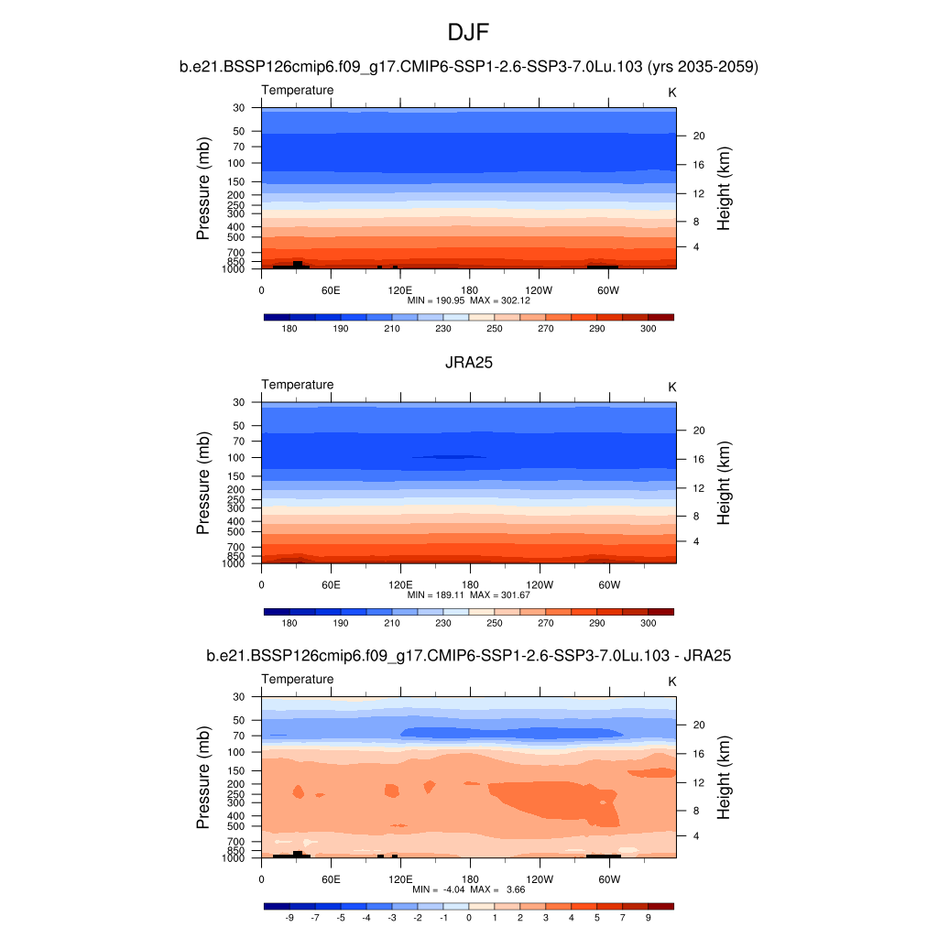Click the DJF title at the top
tap(469, 34)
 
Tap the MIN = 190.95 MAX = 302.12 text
tap(469, 300)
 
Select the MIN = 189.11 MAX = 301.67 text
tap(469, 594)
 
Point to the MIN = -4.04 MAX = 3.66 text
tap(469, 889)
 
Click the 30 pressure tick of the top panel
tap(238, 108)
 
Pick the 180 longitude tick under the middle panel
tap(469, 584)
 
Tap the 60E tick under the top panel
tap(331, 289)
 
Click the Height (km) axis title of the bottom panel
tap(724, 778)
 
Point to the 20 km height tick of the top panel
tap(697, 136)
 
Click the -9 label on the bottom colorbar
tap(289, 917)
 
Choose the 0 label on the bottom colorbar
tap(469, 917)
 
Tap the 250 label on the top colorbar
tap(495, 328)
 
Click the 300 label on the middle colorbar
tap(648, 623)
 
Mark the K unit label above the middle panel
tap(672, 387)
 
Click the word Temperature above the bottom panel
tap(298, 679)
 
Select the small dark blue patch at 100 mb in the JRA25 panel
tap(449, 456)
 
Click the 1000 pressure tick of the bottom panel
tap(234, 858)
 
